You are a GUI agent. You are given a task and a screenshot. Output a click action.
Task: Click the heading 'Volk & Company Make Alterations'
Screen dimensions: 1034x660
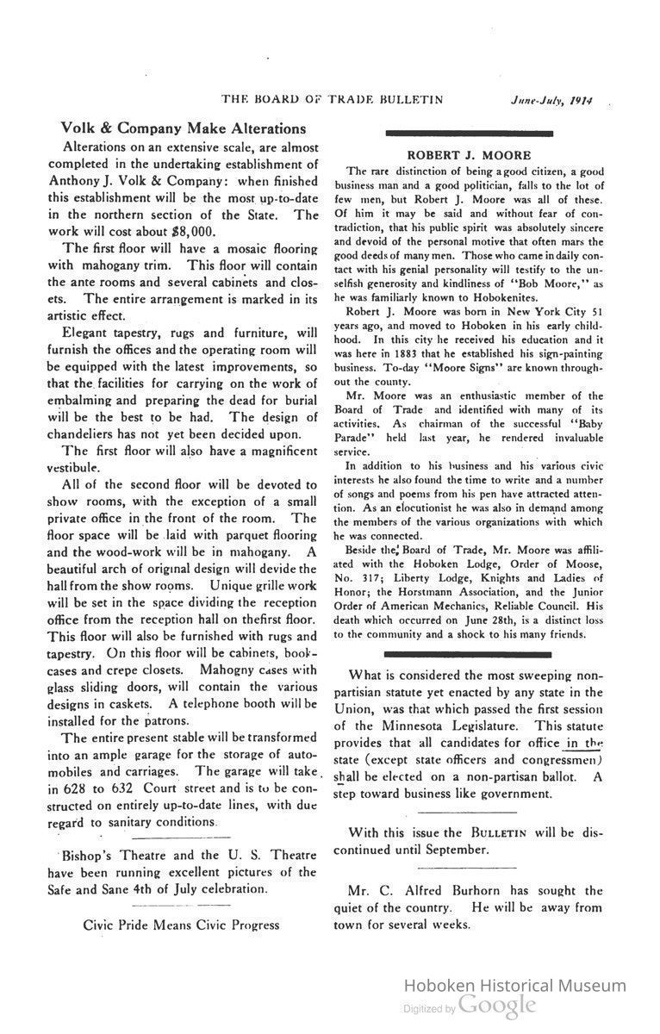(177, 128)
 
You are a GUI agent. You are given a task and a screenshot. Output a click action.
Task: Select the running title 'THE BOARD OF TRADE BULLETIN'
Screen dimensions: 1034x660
(333, 99)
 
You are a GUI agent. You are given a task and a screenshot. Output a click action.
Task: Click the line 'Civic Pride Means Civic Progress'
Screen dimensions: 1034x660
(181, 925)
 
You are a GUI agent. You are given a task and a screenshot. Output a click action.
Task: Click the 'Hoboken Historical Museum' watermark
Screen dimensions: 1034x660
(515, 986)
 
